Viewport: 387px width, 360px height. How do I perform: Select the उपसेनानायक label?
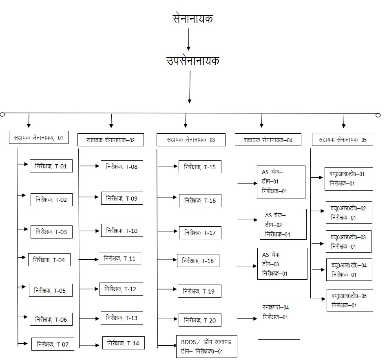193,61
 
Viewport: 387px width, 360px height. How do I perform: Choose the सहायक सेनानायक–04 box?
268,140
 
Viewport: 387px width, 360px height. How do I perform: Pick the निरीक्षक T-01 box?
51,166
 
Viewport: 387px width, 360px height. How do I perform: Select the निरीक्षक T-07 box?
53,344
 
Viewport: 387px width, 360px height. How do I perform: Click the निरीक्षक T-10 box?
122,231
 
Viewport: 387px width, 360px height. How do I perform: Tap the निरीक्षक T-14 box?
123,343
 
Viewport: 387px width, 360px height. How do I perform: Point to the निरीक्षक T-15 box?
200,167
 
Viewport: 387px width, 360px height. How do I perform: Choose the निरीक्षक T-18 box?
198,261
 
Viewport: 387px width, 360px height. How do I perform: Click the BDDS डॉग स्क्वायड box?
206,346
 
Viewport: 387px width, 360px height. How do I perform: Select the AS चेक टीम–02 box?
283,224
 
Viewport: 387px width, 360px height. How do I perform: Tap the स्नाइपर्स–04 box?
279,320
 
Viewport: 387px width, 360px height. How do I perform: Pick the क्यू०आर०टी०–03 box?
348,241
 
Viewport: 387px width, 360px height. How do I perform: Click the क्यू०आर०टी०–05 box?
349,300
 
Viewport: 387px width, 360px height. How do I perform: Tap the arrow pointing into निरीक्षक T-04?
22,257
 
